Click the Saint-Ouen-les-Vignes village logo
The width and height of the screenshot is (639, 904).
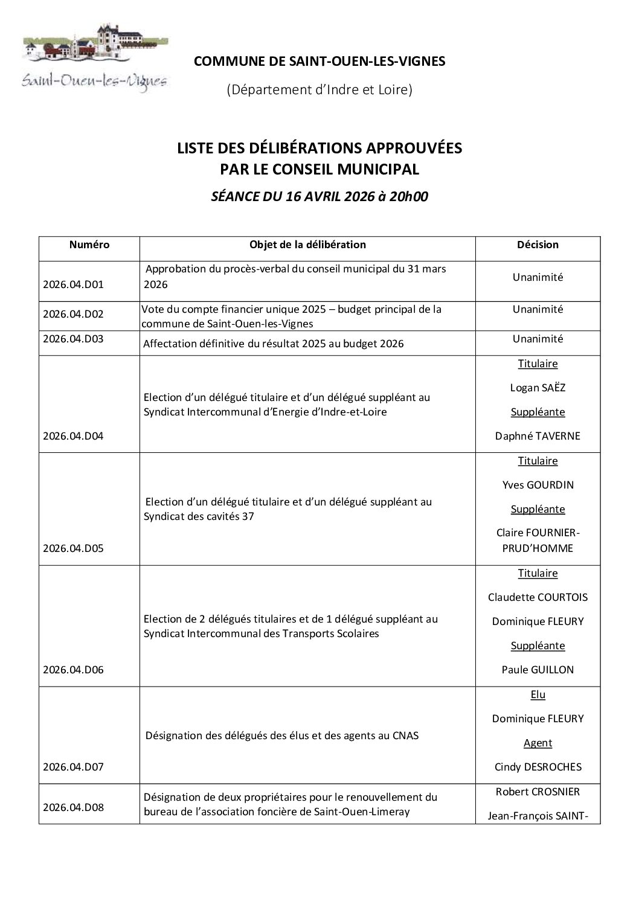95,57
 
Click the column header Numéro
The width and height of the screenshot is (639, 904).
89,245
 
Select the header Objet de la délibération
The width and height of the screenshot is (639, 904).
307,245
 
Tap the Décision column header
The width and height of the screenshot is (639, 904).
538,245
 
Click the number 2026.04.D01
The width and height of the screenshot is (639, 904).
74,284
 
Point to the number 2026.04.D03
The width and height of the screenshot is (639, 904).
74,339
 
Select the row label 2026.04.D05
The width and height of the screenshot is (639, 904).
74,548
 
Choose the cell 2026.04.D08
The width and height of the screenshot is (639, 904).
74,807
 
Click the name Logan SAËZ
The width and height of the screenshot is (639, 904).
538,388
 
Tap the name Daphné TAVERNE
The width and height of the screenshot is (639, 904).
538,436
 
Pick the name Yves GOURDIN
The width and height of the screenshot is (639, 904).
538,485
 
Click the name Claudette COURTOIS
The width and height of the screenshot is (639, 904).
538,597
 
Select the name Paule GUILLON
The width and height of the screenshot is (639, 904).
538,670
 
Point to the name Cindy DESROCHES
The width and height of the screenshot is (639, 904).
538,767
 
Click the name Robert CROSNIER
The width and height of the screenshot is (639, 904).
538,792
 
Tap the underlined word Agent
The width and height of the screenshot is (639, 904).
538,743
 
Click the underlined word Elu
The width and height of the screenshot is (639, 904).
538,694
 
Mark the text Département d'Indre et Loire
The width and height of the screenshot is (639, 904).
319,90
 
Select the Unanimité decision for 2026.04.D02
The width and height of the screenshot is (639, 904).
538,309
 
